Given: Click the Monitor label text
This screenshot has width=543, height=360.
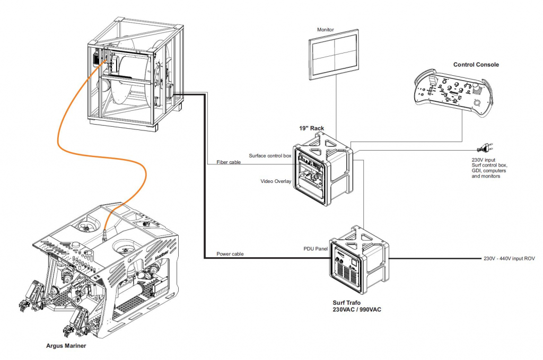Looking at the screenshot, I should coord(325,30).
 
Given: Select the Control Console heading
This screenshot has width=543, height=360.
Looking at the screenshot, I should coord(476,65).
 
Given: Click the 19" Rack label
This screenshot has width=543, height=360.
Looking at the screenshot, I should coord(311,128).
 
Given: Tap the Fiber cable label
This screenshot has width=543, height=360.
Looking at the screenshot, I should coord(229,162).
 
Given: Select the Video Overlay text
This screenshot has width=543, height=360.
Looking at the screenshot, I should coord(276,181).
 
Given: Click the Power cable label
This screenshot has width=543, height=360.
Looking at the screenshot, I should coord(230,254).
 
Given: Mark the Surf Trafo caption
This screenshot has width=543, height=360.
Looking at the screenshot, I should coord(347,302).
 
